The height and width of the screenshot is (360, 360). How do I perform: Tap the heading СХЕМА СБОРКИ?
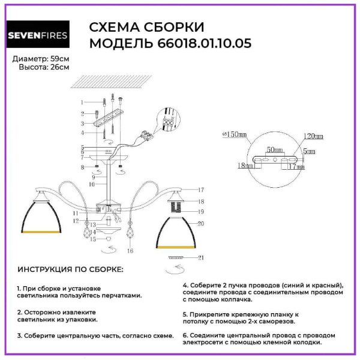coord(147,28)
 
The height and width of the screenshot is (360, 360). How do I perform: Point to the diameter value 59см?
coord(59,59)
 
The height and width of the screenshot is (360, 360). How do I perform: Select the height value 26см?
coord(59,67)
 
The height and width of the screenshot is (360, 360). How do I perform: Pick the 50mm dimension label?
coord(275,148)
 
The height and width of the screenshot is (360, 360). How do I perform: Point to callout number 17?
coord(202,190)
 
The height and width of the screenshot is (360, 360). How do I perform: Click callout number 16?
coord(130,250)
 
